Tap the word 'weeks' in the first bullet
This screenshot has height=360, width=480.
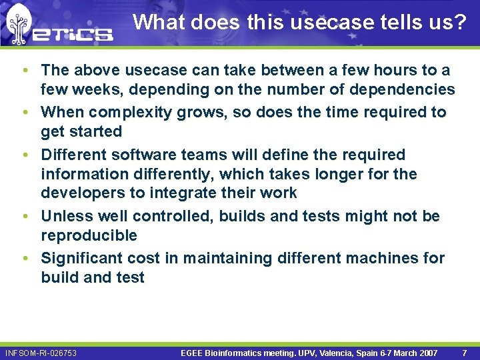91,89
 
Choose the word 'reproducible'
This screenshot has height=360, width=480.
89,235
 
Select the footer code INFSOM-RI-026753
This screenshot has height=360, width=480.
41,353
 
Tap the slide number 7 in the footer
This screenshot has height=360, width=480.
464,353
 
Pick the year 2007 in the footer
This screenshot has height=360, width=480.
427,353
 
